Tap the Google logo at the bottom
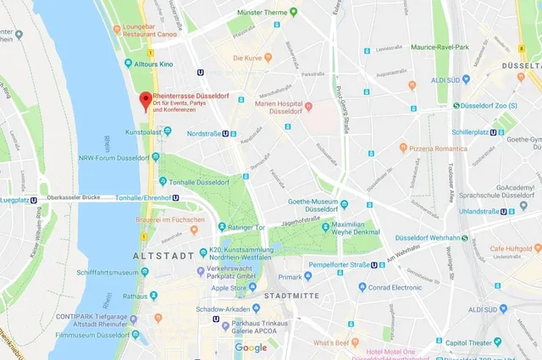(x=251, y=348)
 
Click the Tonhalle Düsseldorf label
(x=200, y=182)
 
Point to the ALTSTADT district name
(x=159, y=255)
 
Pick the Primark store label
(x=290, y=276)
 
